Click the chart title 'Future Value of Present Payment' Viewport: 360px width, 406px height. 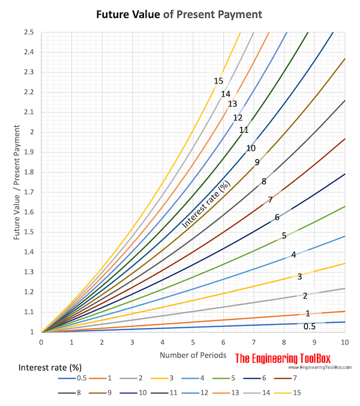pos(179,13)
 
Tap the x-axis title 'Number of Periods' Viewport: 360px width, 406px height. pos(193,355)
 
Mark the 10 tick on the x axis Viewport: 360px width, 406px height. pos(344,342)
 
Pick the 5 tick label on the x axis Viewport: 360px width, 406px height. pos(193,342)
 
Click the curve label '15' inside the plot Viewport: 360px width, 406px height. pos(218,81)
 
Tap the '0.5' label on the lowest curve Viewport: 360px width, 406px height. pos(309,326)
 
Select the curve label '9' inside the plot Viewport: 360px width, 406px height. pos(257,162)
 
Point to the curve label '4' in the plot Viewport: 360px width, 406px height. pos(293,255)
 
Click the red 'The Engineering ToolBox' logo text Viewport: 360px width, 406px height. pos(289,359)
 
